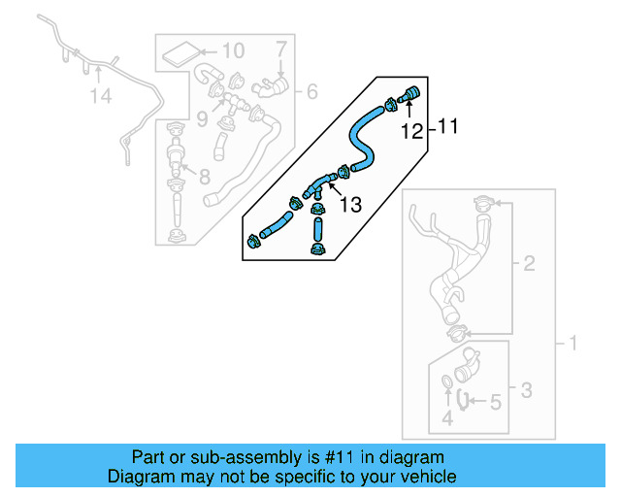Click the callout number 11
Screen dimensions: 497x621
click(446, 126)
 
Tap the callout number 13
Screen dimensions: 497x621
click(350, 205)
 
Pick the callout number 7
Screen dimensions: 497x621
click(280, 48)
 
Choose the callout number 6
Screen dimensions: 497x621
click(311, 92)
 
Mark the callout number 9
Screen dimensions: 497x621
click(201, 118)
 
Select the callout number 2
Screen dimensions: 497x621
click(529, 263)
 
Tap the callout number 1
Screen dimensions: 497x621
click(572, 343)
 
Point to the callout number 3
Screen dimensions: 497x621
click(525, 391)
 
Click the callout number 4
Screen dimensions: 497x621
click(447, 418)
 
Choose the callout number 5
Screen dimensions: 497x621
click(494, 400)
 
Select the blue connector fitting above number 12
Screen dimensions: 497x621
click(408, 95)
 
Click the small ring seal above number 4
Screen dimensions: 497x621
click(446, 381)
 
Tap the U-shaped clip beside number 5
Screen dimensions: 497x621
click(464, 398)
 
